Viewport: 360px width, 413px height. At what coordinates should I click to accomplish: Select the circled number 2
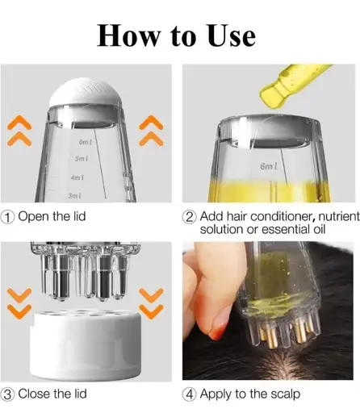click(189, 216)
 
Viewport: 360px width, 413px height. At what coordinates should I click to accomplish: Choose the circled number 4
click(189, 394)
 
